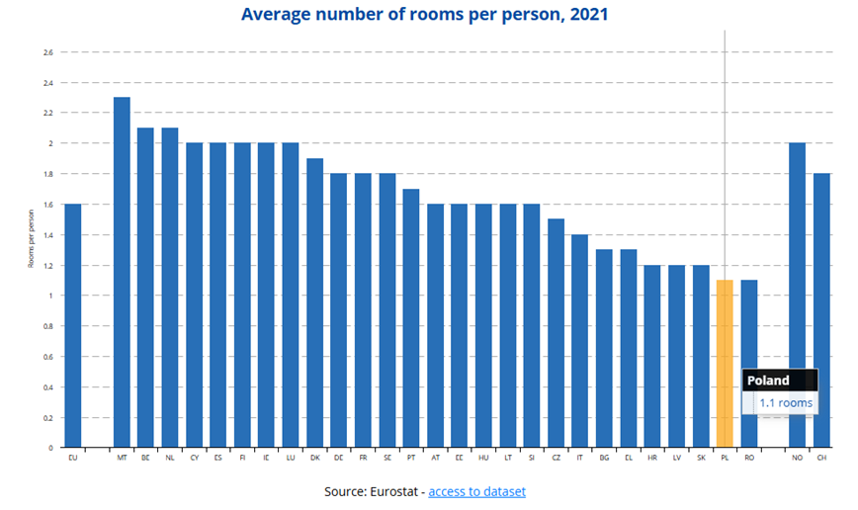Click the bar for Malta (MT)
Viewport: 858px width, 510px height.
tap(122, 272)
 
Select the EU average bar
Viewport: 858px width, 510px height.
tap(72, 325)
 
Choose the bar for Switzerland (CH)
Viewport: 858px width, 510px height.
tap(821, 310)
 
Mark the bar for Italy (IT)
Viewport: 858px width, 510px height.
tap(580, 341)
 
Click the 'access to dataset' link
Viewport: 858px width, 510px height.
tap(476, 491)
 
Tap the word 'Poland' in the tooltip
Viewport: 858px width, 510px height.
tap(768, 381)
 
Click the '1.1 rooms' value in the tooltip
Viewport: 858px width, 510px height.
tap(786, 403)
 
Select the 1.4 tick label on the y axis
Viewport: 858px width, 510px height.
tap(47, 235)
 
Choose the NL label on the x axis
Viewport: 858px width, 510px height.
tap(170, 458)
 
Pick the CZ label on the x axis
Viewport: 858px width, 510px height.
tap(557, 458)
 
